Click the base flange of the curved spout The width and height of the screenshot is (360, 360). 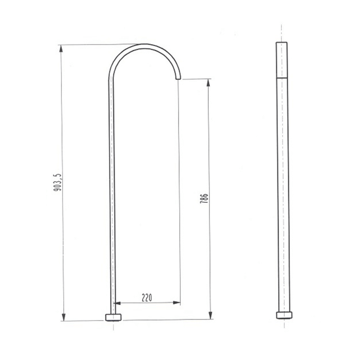pos(113,317)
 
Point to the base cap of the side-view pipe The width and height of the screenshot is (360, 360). pos(284,315)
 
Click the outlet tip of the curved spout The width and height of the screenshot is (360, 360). pos(179,78)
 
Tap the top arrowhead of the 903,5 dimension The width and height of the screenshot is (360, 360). pos(61,48)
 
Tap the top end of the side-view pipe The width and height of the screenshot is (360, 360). pos(282,43)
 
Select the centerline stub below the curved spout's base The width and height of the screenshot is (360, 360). pos(113,326)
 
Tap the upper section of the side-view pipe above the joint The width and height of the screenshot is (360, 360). pos(282,60)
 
